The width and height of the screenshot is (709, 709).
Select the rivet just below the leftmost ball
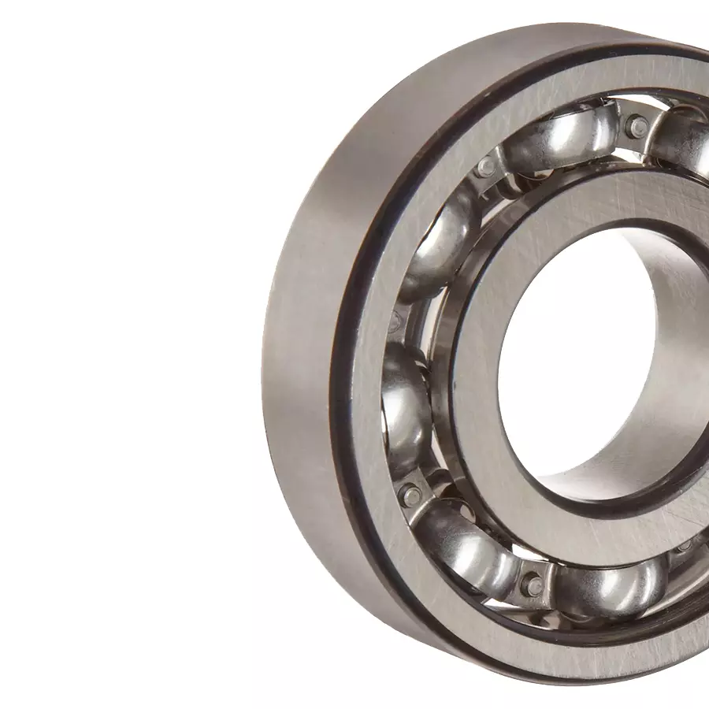pyautogui.click(x=410, y=495)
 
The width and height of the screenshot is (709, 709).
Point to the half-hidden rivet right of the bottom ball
pyautogui.click(x=684, y=544)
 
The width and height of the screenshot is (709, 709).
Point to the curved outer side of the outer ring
pyautogui.click(x=299, y=354)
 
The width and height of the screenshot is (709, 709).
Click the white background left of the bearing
pyautogui.click(x=118, y=354)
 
